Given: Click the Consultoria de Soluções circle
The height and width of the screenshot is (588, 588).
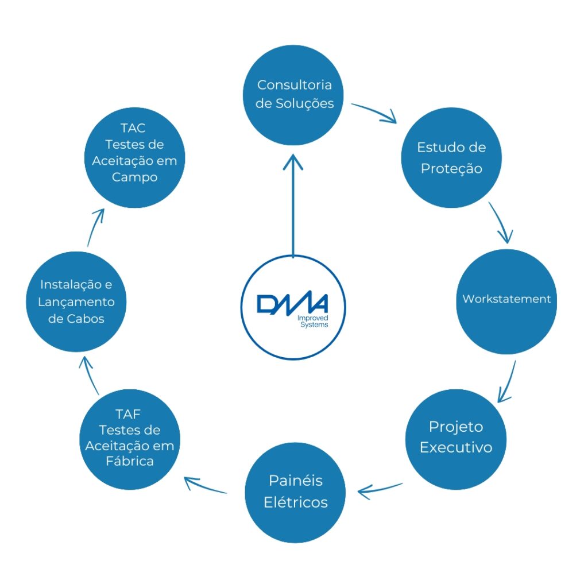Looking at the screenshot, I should coord(294,95).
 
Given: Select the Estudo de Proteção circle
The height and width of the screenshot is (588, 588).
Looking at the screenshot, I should coord(451,158).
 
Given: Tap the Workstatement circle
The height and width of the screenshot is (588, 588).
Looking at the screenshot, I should coord(506,300).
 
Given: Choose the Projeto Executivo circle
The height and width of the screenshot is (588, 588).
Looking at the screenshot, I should coord(456,438).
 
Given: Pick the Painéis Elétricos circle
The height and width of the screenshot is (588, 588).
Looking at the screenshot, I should coord(296,492).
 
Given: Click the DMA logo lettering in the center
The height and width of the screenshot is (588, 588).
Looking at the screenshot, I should coord(292,304).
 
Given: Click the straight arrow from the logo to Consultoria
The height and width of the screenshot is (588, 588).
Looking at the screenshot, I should coord(293,207).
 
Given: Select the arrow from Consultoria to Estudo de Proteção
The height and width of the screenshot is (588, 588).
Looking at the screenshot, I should coord(374,113).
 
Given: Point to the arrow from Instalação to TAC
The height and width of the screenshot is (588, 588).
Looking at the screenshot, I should coord(95,227).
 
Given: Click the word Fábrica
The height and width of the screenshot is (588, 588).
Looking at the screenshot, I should coord(130,461).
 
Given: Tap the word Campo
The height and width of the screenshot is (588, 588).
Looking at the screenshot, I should coord(134,177).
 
